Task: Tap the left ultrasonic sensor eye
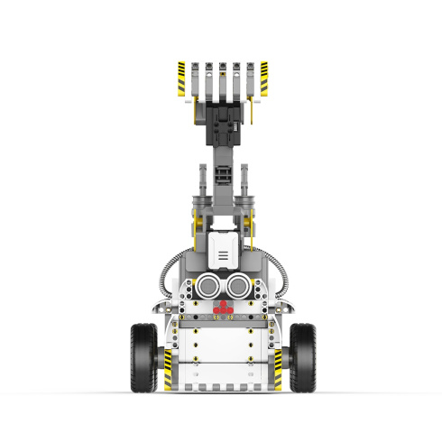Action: click(207, 286)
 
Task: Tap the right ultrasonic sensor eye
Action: click(238, 286)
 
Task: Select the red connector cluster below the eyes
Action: click(223, 308)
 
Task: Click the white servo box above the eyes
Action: click(222, 248)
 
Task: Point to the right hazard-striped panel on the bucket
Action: click(263, 79)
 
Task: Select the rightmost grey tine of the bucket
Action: click(249, 79)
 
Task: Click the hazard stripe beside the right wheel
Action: click(276, 371)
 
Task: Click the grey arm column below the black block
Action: click(222, 180)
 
